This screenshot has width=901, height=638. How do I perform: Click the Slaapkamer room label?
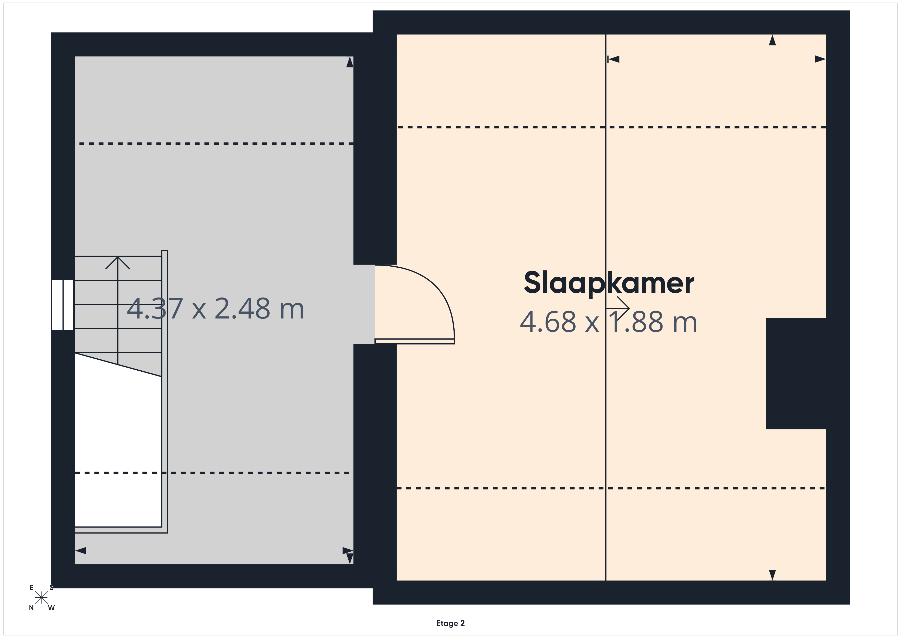click(609, 283)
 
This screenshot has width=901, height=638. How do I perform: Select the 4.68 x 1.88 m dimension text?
click(608, 322)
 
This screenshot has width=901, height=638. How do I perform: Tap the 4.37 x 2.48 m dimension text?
click(216, 309)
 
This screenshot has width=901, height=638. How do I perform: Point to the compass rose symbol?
click(41, 598)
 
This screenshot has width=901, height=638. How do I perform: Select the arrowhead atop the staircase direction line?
click(118, 263)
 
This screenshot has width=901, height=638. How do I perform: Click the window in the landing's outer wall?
click(63, 305)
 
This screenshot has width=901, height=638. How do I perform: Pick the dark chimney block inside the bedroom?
click(796, 374)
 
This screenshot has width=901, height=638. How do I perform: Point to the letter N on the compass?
click(31, 608)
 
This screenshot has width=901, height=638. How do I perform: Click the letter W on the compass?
click(51, 608)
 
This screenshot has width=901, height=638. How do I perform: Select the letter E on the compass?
click(31, 588)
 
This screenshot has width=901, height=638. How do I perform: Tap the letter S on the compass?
click(51, 588)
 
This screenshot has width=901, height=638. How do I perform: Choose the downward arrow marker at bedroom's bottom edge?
click(772, 575)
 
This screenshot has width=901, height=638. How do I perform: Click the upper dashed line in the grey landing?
click(216, 144)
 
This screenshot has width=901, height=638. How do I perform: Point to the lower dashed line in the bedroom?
click(611, 488)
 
